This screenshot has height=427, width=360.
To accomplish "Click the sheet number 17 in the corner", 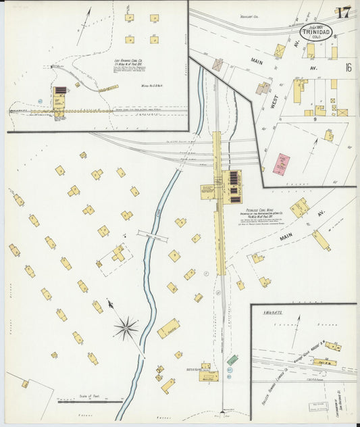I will [343, 13].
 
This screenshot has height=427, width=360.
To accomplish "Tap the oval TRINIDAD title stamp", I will [316, 32].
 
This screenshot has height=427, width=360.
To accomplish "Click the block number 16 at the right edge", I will [348, 67].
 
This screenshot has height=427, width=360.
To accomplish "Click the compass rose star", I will [125, 329].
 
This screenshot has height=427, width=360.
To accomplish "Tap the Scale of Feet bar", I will [84, 401].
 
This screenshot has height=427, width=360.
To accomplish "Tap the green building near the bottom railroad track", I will [232, 360].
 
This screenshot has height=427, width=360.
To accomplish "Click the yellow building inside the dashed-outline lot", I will [119, 253].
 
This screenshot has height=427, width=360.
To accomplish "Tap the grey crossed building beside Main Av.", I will [217, 64].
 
